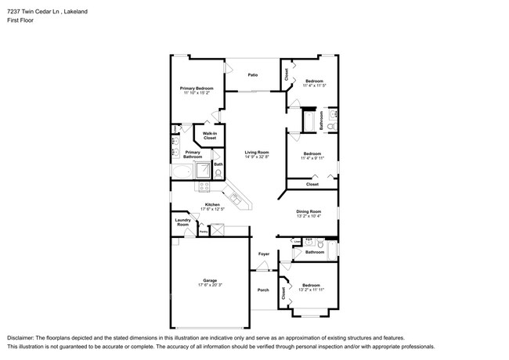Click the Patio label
point(253,75)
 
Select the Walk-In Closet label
point(210,135)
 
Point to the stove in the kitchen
point(204,186)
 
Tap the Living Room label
point(256,152)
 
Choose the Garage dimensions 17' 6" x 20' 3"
point(209,285)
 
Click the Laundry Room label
point(183,223)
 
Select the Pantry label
point(203,232)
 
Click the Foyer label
point(264,254)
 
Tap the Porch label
point(263,290)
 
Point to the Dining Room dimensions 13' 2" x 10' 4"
point(309,216)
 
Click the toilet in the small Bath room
point(218,174)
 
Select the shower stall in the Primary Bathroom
point(201,170)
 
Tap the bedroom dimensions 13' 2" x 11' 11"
point(312,290)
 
